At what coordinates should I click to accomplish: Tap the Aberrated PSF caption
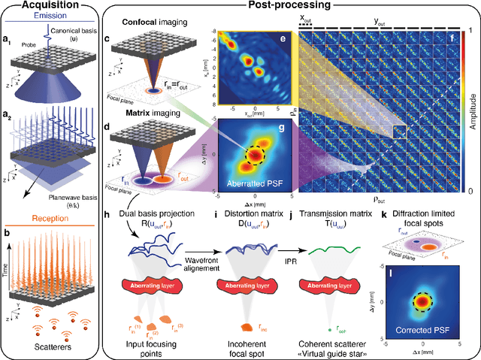coord(250,183)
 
